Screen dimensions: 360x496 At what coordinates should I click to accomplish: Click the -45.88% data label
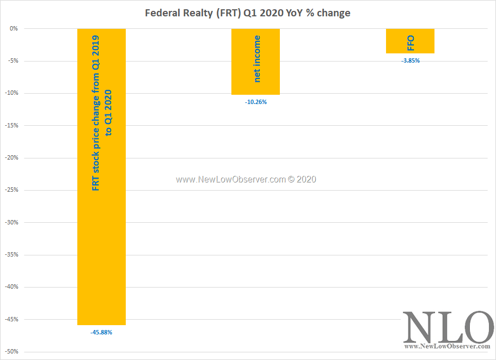click(x=101, y=332)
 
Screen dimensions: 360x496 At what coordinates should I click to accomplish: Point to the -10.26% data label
click(x=256, y=102)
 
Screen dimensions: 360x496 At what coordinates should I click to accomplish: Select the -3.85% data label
click(x=411, y=60)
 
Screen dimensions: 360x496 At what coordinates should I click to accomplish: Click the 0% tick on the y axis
click(x=14, y=28)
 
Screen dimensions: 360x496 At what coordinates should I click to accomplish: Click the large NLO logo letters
click(x=448, y=326)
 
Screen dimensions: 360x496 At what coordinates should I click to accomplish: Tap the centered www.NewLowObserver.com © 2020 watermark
click(x=246, y=179)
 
